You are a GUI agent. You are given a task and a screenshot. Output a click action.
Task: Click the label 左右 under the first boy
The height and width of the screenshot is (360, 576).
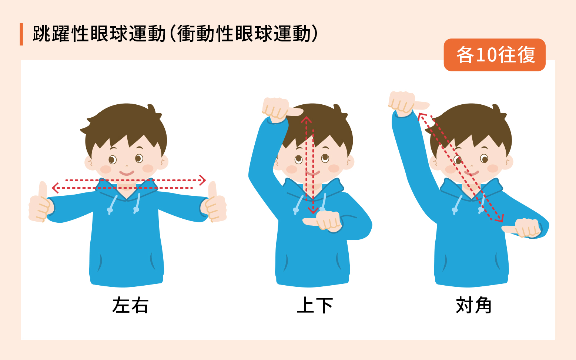pyautogui.click(x=130, y=305)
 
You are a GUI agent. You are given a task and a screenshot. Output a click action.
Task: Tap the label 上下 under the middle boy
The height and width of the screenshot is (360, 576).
pyautogui.click(x=315, y=305)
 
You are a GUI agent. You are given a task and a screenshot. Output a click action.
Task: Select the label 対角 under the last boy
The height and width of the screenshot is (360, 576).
pyautogui.click(x=473, y=305)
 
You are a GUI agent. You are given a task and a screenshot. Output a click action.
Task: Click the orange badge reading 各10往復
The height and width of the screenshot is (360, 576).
pyautogui.click(x=495, y=55)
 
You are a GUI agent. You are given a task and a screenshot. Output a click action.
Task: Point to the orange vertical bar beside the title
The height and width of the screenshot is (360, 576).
pyautogui.click(x=21, y=34)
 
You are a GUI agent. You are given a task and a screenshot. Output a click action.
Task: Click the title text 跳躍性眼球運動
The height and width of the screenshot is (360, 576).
pyautogui.click(x=99, y=34)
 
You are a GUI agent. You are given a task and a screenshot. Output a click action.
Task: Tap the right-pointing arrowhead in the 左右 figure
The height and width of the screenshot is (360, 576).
pyautogui.click(x=202, y=180)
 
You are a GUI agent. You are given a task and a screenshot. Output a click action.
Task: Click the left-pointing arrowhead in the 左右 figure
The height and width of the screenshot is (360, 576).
pyautogui.click(x=55, y=188)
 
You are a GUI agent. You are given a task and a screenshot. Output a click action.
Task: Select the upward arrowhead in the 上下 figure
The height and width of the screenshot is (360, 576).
pyautogui.click(x=306, y=120)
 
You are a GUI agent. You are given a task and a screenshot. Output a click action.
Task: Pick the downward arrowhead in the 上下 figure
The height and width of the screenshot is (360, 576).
pyautogui.click(x=313, y=211)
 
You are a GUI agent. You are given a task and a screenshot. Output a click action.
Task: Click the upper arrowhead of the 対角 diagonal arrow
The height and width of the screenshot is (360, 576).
pyautogui.click(x=422, y=116)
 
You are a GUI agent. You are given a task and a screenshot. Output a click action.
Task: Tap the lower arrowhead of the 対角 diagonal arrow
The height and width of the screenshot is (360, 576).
pyautogui.click(x=499, y=218)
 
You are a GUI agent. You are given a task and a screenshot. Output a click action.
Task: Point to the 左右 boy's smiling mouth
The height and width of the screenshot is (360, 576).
pyautogui.click(x=127, y=172)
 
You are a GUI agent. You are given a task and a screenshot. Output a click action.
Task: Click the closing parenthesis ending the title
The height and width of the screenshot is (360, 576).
pyautogui.click(x=315, y=34)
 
